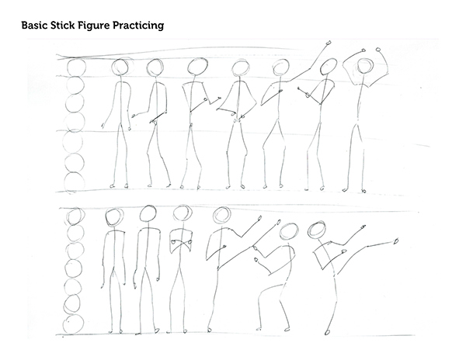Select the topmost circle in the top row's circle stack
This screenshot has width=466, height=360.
click(x=76, y=67)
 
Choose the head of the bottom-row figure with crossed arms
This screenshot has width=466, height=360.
click(x=183, y=215)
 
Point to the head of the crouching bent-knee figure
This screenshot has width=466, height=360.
click(x=288, y=231)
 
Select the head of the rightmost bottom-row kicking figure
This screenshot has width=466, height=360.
click(x=318, y=230)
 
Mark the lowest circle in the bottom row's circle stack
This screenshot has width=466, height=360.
click(x=75, y=320)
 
